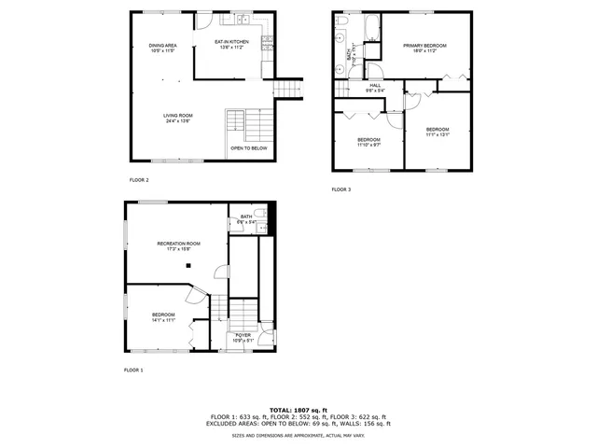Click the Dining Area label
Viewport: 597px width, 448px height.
163,44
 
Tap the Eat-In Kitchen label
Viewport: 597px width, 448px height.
231,42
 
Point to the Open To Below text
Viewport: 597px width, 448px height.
248,147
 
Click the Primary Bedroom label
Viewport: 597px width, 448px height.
424,46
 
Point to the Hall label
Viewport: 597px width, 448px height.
375,86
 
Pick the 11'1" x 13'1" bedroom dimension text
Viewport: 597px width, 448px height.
437,134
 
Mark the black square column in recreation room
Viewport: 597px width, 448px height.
188,265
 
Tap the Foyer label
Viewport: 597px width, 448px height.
243,334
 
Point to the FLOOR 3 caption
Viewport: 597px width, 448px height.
341,189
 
